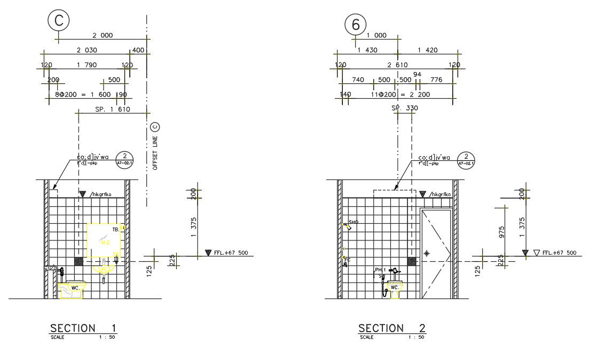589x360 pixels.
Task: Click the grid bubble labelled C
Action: point(59,21)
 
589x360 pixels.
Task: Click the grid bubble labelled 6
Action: point(356,25)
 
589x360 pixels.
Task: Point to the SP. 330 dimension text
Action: point(405,108)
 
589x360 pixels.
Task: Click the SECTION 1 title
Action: point(83,327)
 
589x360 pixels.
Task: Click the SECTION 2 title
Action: point(392,327)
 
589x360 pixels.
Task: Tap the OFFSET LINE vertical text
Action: point(155,152)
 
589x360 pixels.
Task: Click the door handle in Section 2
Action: point(426,253)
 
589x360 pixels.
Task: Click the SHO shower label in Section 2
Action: point(353,222)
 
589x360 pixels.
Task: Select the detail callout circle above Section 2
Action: point(466,159)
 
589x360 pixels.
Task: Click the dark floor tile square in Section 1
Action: point(78,261)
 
